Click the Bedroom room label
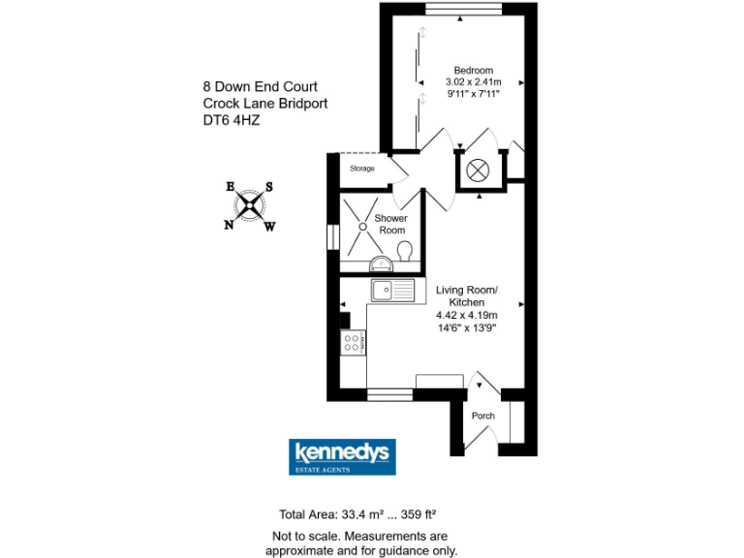pos(475,70)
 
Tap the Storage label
pos(362,169)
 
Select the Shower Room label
pos(391,224)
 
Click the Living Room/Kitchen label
pos(467,296)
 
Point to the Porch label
pos(482,416)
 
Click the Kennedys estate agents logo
pos(342,457)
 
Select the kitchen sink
pos(392,289)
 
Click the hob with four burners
pos(353,342)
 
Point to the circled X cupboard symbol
pos(478,170)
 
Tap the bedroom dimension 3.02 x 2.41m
pos(475,82)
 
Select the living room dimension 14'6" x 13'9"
pos(467,327)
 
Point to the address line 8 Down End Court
pos(260,87)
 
